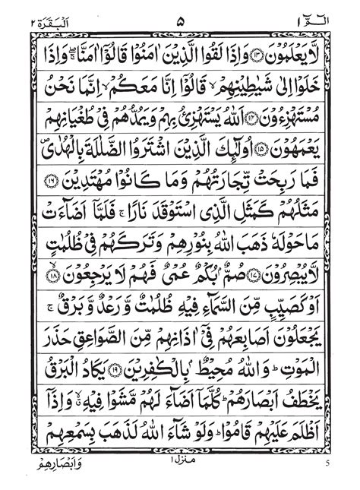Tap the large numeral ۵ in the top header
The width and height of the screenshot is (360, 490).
point(179,11)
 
